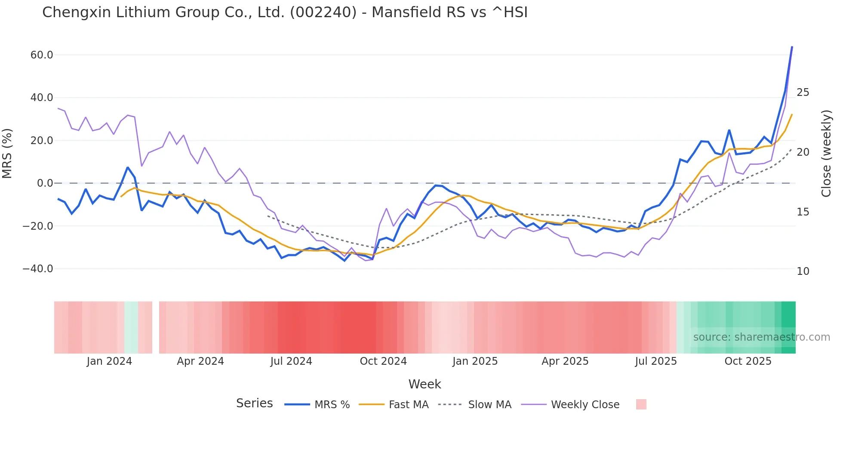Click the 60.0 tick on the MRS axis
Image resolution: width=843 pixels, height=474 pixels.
pyautogui.click(x=42, y=55)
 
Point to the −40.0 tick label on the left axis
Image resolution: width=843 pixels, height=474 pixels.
pyautogui.click(x=38, y=269)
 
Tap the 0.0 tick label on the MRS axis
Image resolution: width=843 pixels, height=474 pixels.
pyautogui.click(x=45, y=183)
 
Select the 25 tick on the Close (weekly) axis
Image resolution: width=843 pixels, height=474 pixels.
pyautogui.click(x=803, y=92)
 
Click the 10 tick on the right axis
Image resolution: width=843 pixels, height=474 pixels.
pyautogui.click(x=803, y=271)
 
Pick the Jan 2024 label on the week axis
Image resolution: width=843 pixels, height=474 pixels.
pyautogui.click(x=109, y=361)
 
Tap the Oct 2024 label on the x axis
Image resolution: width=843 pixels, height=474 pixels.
pyautogui.click(x=383, y=361)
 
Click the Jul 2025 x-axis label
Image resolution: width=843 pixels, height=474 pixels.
pyautogui.click(x=656, y=361)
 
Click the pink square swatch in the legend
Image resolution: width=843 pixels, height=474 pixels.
pyautogui.click(x=641, y=404)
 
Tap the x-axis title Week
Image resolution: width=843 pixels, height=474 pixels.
pyautogui.click(x=425, y=384)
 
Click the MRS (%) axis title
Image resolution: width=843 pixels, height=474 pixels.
pyautogui.click(x=7, y=154)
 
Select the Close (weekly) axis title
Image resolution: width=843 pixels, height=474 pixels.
pyautogui.click(x=826, y=154)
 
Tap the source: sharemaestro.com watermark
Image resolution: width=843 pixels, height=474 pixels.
pyautogui.click(x=761, y=337)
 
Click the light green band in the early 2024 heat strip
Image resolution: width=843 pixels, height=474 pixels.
pyautogui.click(x=131, y=327)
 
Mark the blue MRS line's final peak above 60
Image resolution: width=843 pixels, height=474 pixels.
pyautogui.click(x=792, y=47)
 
